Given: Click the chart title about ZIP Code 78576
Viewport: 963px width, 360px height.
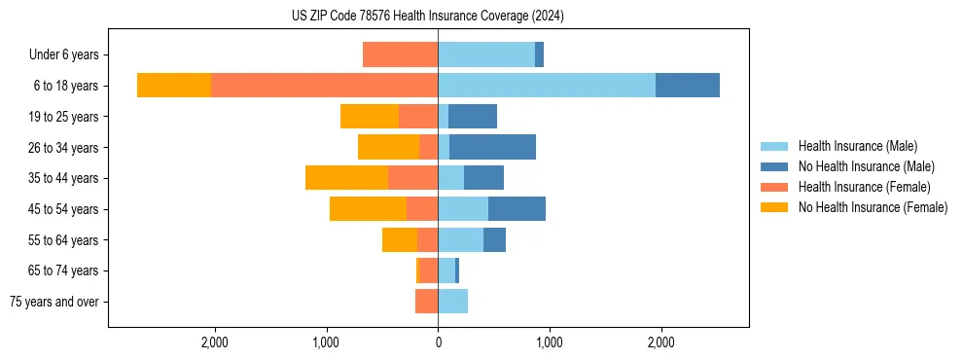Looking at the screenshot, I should pos(428,16).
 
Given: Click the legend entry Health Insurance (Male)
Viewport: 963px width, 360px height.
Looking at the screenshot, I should pos(857,146).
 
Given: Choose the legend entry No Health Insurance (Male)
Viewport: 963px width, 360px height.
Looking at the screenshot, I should pos(866,166).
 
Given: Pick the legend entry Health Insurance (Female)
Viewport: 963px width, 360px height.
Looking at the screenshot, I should pos(864,187).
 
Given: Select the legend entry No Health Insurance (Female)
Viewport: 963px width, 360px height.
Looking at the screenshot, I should pos(873,207).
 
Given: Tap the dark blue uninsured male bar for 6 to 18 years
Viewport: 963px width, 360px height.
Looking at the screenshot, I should pos(688,86).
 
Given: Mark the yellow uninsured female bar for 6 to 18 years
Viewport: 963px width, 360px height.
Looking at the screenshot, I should pos(174,86).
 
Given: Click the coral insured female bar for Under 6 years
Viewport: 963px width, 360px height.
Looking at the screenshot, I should pos(400,54).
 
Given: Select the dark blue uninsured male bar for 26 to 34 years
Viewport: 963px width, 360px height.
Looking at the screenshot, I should pos(492,147).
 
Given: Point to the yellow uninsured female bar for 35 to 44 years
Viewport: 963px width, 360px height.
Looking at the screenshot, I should pos(346,178).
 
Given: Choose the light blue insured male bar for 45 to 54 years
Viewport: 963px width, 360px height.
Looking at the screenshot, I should pos(463,209).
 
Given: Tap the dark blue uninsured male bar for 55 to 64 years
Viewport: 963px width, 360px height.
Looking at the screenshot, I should pos(494,239).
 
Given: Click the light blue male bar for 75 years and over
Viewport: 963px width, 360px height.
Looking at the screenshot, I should pos(452,302).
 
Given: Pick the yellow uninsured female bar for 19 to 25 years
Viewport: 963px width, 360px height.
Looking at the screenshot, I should pos(370,117).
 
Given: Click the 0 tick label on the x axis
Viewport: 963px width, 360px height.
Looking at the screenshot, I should pos(438,342).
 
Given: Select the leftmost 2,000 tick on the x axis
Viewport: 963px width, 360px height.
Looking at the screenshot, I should pos(214,342).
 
